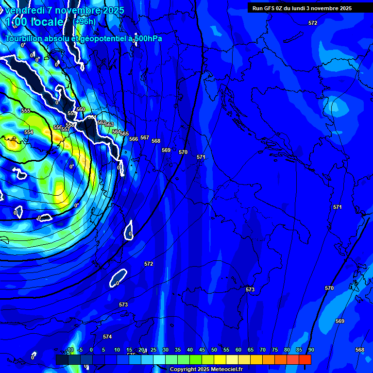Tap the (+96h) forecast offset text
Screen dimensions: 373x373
tap(85, 21)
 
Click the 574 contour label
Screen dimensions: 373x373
tap(107, 337)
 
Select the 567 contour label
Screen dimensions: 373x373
tap(145, 137)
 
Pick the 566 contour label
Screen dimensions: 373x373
tap(134, 139)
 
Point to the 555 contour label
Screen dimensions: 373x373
tap(26, 111)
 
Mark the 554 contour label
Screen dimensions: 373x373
tap(29, 132)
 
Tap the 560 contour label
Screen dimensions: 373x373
tap(81, 109)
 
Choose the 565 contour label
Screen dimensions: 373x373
tap(124, 134)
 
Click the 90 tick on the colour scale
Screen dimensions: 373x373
tap(311, 350)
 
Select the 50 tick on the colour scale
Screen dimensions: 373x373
tap(214, 350)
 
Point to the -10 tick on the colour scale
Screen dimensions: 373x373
tap(70, 350)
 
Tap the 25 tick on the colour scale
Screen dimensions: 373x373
tap(153, 350)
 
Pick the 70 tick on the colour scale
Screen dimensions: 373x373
tap(263, 350)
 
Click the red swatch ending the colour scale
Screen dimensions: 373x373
tap(305, 359)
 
